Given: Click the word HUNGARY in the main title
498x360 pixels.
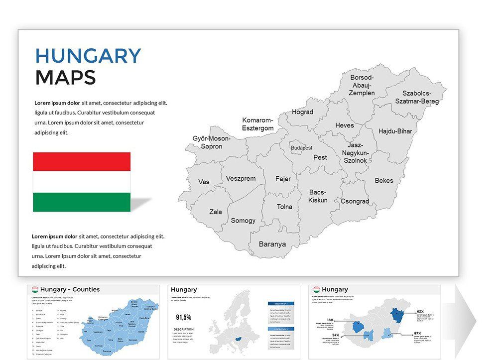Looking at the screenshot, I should click(88, 56).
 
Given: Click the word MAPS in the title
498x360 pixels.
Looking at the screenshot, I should click(65, 78).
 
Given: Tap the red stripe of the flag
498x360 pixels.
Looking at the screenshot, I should click(82, 162).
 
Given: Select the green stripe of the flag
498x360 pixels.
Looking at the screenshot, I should click(82, 202).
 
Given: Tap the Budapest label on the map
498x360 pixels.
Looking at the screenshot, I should click(302, 148).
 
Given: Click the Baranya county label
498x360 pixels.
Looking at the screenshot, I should click(272, 244).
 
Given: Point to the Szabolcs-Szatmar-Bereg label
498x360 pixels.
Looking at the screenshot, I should click(417, 97).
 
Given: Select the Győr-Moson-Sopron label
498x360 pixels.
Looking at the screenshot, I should click(211, 142).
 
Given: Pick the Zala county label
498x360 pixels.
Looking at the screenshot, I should click(216, 212).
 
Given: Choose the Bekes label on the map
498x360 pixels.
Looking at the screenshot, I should click(384, 180).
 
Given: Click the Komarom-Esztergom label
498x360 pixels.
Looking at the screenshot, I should click(258, 124).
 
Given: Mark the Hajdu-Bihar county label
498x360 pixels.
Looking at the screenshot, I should click(395, 131).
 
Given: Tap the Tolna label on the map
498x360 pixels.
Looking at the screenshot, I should click(284, 207).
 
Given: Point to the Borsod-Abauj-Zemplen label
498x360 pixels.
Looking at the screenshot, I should click(362, 85).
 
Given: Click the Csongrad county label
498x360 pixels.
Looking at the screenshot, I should click(355, 201).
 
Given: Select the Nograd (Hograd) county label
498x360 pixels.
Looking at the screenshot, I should click(302, 112).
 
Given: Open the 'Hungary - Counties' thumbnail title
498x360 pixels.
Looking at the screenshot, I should click(70, 289).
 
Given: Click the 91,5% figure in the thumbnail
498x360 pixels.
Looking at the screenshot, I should click(184, 317).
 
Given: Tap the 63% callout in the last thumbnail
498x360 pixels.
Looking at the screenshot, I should click(420, 311).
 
